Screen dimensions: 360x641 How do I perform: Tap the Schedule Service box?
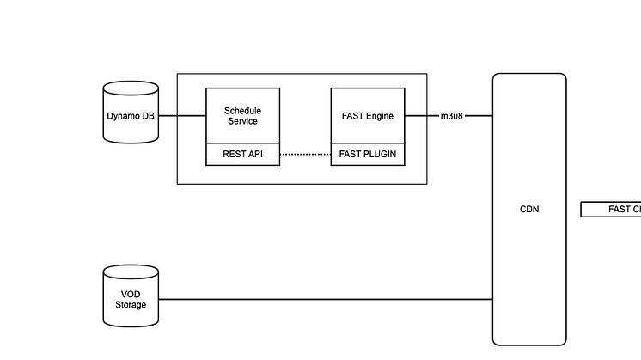[x=242, y=116]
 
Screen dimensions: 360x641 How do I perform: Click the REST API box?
[x=242, y=155]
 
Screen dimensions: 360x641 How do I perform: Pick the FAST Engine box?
[x=368, y=116]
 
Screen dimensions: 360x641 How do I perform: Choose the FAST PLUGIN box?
[x=368, y=155]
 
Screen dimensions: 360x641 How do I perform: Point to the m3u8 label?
[x=452, y=116]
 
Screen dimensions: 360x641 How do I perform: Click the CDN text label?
[x=529, y=209]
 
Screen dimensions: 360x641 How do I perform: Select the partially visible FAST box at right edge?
[x=612, y=209]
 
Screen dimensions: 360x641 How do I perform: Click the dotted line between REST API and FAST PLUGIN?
[x=305, y=155]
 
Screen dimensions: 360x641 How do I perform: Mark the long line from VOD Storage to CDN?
[x=327, y=300]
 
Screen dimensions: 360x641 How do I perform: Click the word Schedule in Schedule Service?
[x=242, y=111]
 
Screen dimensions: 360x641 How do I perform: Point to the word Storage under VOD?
[x=131, y=305]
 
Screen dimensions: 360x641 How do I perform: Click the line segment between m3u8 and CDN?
[x=479, y=116]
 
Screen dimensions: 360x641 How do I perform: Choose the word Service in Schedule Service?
[x=242, y=121]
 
